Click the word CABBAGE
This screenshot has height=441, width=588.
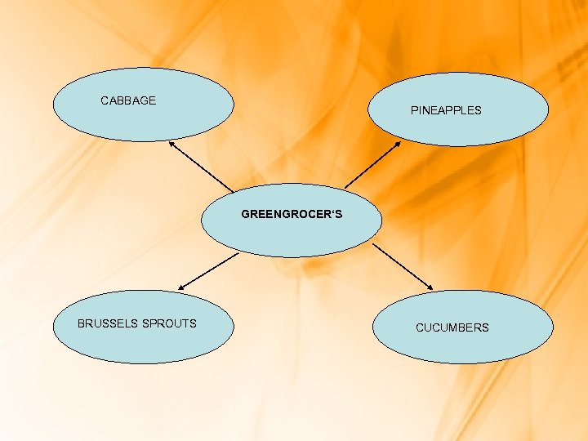[128, 100]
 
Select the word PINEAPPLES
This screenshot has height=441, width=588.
[446, 109]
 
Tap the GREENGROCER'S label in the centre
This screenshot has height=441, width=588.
[292, 215]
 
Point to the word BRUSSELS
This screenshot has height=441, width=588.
[108, 323]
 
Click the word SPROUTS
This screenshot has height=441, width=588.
[169, 323]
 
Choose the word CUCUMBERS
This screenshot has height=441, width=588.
[452, 327]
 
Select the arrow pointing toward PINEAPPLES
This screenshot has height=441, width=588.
[372, 165]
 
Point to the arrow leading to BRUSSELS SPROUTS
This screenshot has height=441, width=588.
[208, 270]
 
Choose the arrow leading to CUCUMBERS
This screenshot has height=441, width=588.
[403, 265]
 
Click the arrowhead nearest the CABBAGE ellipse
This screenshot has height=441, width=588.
[171, 143]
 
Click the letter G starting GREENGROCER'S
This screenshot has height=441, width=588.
[245, 215]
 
